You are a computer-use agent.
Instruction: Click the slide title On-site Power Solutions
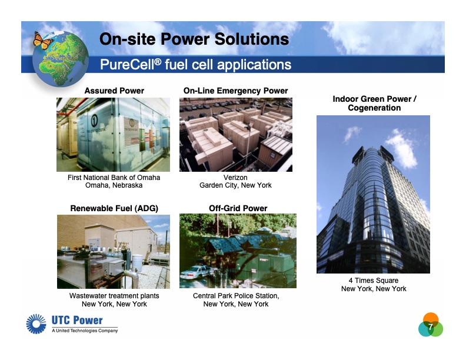[194, 39]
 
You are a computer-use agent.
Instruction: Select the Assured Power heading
[114, 91]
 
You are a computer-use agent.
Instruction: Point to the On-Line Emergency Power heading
[235, 91]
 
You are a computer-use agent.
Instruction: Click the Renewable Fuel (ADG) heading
[114, 208]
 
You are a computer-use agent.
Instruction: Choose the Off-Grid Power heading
[238, 208]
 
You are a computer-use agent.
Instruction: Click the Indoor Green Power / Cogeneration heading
[374, 103]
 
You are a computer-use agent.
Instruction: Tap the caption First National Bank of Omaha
[114, 178]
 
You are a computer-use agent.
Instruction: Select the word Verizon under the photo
[235, 178]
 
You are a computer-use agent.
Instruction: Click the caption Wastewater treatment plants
[114, 296]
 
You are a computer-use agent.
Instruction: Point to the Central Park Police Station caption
[236, 296]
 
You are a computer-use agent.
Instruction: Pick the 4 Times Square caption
[374, 281]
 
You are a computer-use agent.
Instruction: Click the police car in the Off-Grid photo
[197, 272]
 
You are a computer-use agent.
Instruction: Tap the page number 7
[431, 327]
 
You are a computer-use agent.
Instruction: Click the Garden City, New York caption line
[235, 185]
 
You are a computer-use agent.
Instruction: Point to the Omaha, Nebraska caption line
[114, 185]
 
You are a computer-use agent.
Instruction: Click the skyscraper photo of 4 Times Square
[373, 194]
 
